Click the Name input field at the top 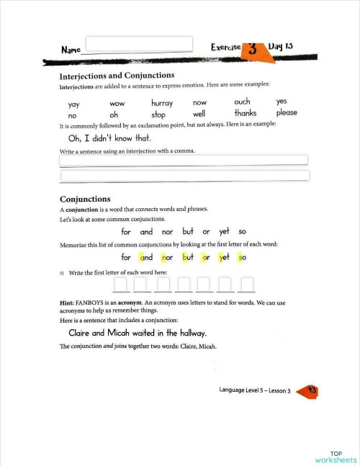click(139, 44)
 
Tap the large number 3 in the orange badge click(253, 49)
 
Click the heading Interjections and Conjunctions click(117, 75)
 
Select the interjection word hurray click(162, 103)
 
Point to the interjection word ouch click(242, 102)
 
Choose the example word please click(287, 112)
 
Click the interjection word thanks click(245, 113)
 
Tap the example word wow click(117, 104)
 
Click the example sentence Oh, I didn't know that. click(109, 138)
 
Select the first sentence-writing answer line click(184, 160)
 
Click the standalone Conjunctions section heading click(85, 199)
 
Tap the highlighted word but click(189, 257)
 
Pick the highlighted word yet click(224, 257)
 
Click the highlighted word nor click(167, 257)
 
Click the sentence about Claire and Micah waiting click(137, 333)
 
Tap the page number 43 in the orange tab click(312, 390)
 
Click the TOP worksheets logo click(336, 455)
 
